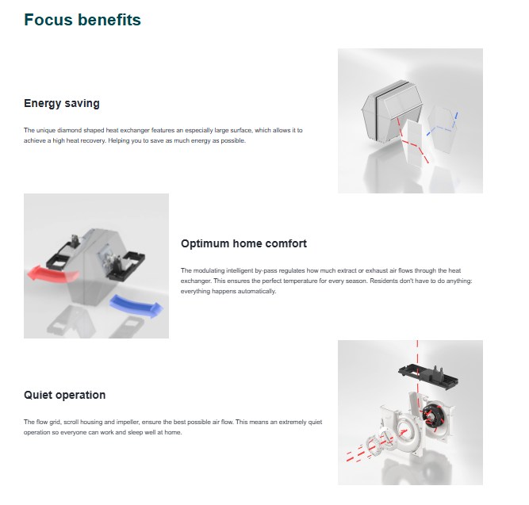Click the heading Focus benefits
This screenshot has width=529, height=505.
82,20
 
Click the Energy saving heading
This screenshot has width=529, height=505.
62,104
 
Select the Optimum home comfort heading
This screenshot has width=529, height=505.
243,243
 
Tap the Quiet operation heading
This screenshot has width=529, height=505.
65,395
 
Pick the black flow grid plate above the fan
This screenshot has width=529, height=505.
428,376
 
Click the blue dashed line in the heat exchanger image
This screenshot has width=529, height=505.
443,125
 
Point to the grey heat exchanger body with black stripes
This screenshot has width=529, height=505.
391,109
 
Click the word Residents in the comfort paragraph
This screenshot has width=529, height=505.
384,281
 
